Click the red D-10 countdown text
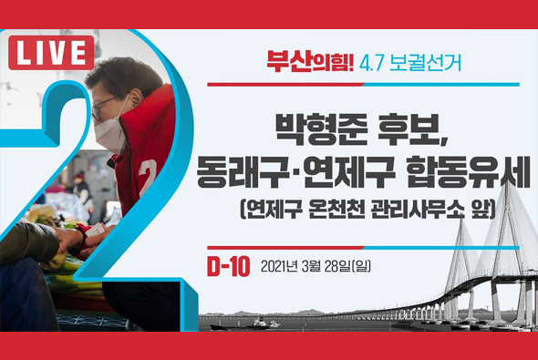[228, 267]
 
